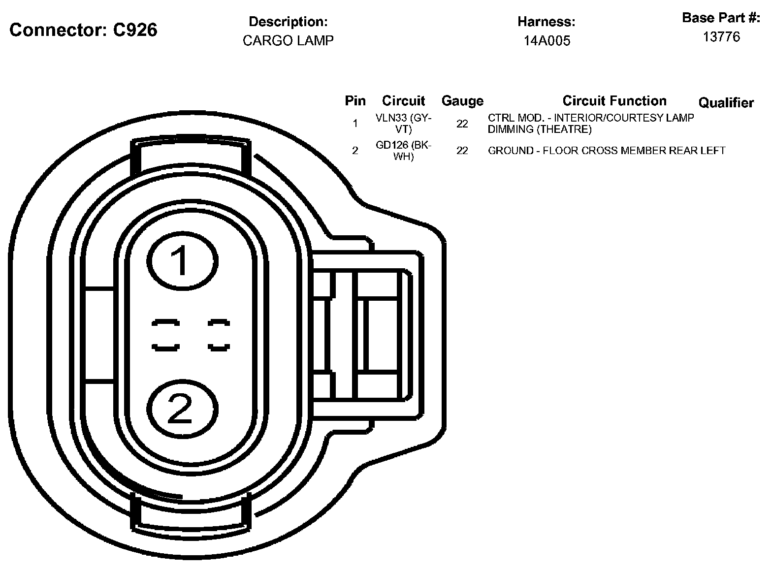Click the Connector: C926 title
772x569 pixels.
(83, 31)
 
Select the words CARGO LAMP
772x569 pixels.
(288, 40)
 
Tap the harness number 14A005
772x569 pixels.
(547, 41)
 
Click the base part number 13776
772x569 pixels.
(721, 37)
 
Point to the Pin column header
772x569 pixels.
(355, 101)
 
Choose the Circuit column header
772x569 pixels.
(403, 101)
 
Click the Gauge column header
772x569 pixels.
(462, 101)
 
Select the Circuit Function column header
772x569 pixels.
(614, 101)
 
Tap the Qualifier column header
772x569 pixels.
(726, 103)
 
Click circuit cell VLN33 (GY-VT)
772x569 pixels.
(403, 124)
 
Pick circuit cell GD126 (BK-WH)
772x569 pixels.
(403, 151)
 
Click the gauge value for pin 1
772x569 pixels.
(462, 124)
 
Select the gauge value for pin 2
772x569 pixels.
(462, 151)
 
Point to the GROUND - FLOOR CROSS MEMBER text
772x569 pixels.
(606, 151)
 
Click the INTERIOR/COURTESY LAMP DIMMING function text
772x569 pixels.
(590, 124)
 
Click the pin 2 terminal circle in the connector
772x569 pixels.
(182, 408)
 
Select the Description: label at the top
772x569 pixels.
(288, 22)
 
